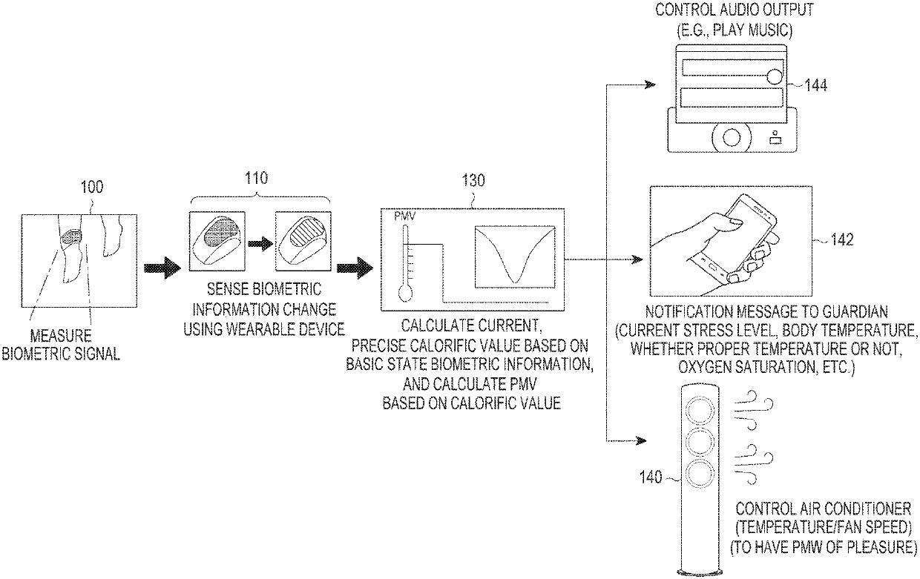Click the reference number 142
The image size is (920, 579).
tap(841, 239)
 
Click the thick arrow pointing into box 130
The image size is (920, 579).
tap(355, 269)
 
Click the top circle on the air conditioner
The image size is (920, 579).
tap(699, 411)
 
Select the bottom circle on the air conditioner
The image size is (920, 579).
tap(699, 474)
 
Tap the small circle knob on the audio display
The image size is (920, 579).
tap(774, 76)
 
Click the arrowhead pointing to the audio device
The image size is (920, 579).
tap(649, 85)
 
